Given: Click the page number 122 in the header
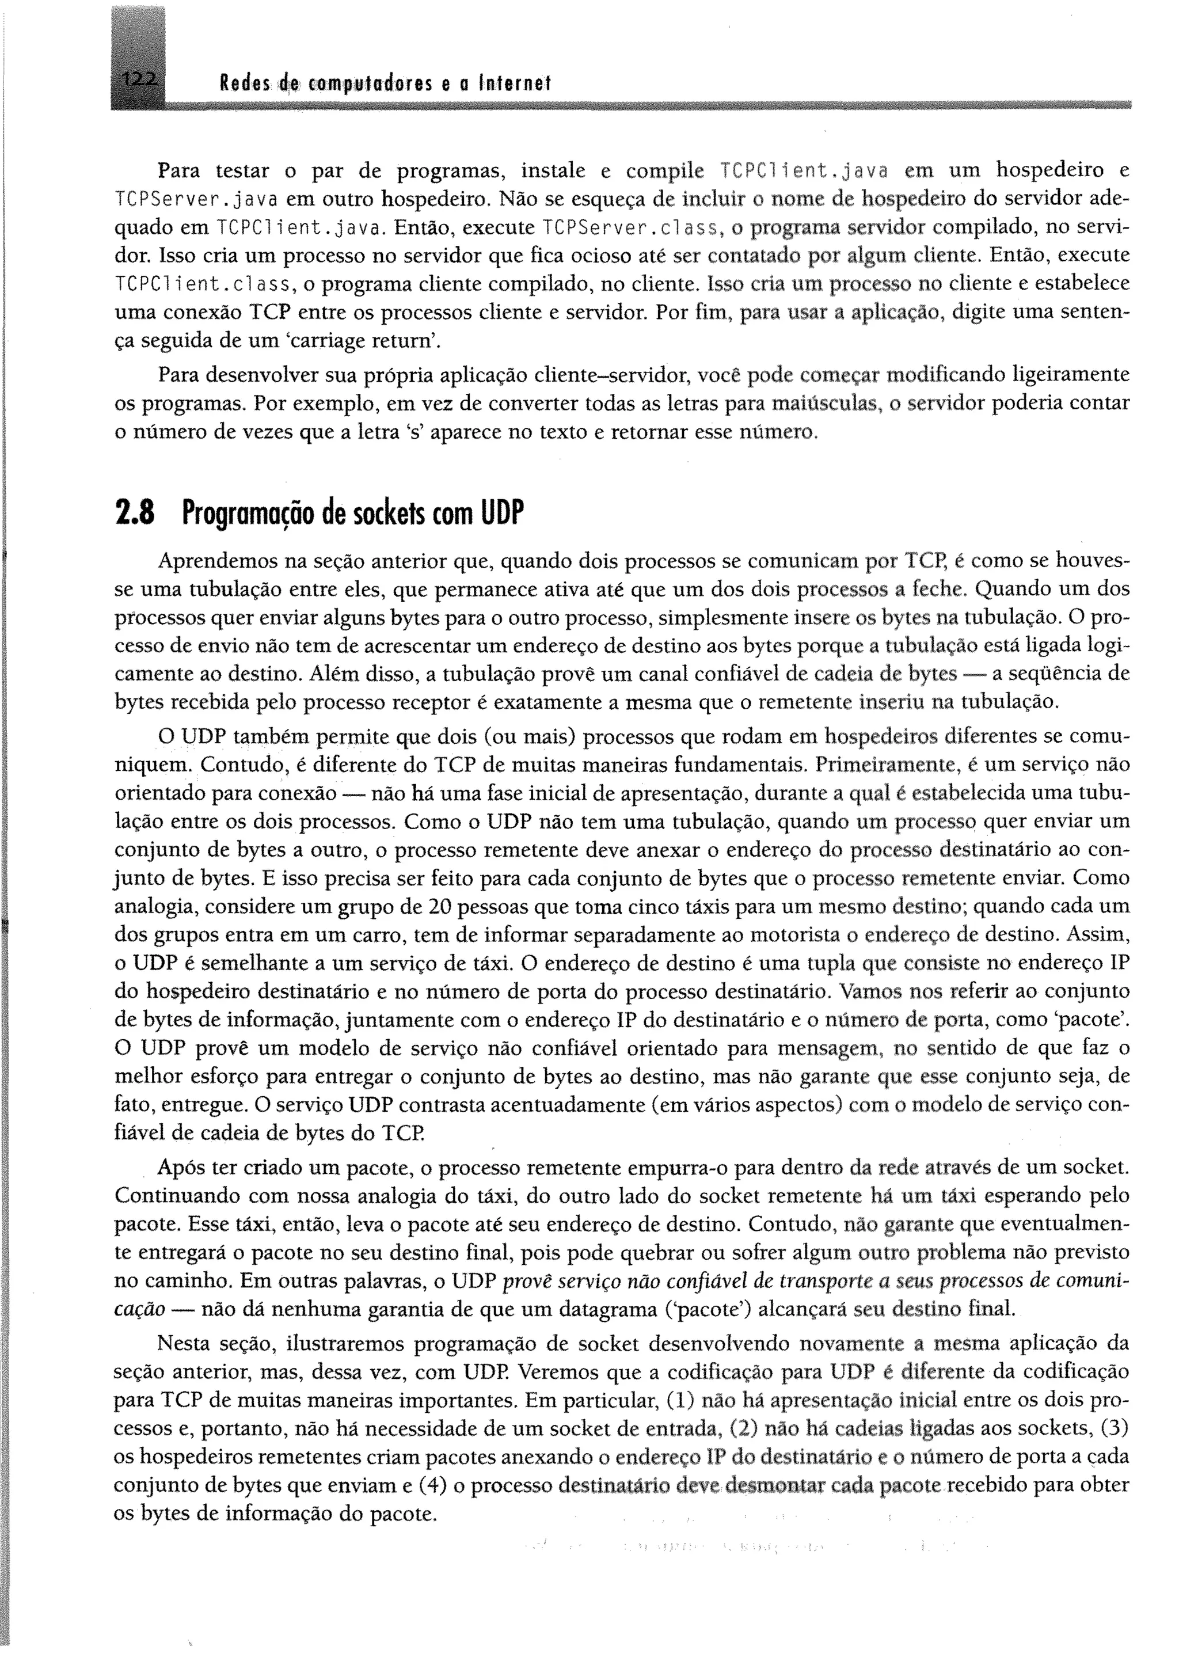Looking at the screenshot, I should pos(139,82).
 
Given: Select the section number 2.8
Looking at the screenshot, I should pos(135,514).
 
